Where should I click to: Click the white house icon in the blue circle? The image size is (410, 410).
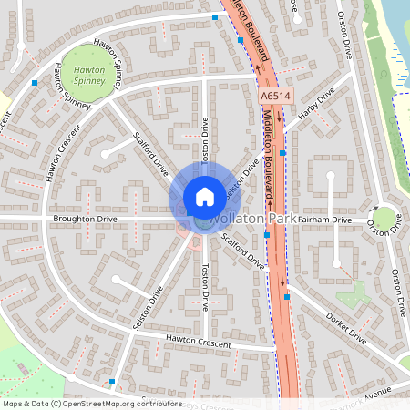tap(204, 196)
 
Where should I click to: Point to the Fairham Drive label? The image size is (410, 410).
tap(323, 220)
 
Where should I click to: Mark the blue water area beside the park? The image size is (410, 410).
tap(397, 27)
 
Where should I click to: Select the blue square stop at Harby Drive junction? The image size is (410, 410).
tap(283, 153)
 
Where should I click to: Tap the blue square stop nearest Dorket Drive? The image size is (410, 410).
tap(287, 297)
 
